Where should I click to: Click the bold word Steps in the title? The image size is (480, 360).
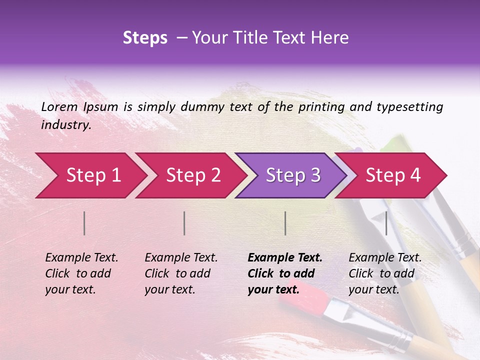[x=145, y=38]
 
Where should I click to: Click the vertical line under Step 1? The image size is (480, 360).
[x=84, y=223]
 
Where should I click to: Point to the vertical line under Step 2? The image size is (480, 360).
[x=184, y=223]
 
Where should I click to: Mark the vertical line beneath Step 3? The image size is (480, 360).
[x=285, y=223]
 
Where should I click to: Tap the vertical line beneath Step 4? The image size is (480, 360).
[x=386, y=223]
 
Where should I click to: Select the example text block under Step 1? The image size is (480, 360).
[x=81, y=273]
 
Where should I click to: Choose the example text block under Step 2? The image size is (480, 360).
[x=181, y=273]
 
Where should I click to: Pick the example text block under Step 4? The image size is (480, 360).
[x=385, y=273]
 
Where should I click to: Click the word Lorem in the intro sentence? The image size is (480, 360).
[x=59, y=106]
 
